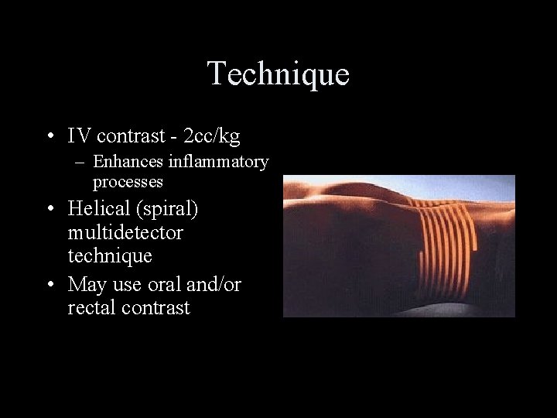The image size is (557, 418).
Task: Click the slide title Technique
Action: pos(278,74)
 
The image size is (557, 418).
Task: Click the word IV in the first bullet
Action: pos(78,137)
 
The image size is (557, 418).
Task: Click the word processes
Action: pos(128,182)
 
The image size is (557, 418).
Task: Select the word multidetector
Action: pos(125,232)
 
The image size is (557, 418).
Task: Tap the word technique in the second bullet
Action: pos(110,255)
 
